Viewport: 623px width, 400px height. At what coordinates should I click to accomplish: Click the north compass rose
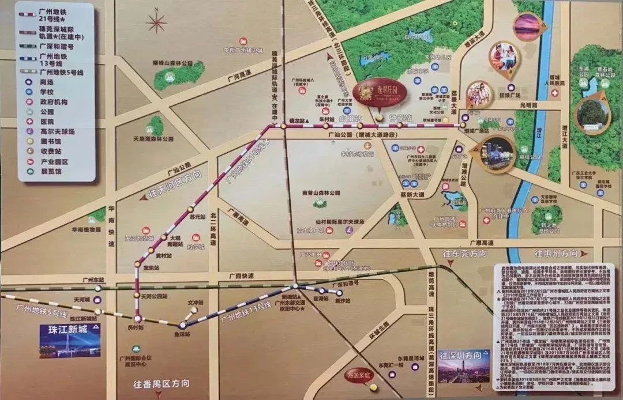pos(156,22)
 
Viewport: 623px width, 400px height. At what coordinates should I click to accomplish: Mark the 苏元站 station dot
pos(191,208)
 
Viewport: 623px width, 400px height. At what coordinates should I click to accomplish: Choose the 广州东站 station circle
pos(99,287)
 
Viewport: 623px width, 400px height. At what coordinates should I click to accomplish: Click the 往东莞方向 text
pos(464,254)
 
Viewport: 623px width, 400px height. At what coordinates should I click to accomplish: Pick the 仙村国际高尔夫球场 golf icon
pos(350,229)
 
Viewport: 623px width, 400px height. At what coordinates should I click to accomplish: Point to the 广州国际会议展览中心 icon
pos(136,349)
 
